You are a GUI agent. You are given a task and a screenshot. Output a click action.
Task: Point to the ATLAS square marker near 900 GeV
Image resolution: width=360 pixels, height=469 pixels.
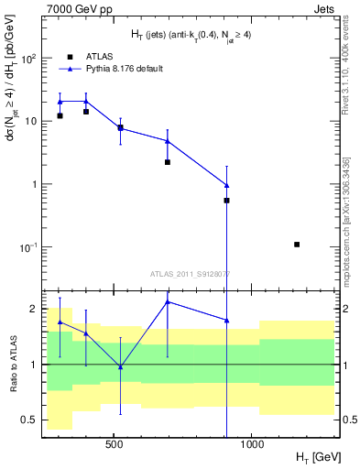pos(226,200)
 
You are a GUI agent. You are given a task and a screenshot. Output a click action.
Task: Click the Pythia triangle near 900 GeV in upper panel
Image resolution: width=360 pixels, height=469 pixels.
pos(226,185)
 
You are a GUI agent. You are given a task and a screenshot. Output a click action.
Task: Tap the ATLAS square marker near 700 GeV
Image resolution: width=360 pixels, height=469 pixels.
pos(168,162)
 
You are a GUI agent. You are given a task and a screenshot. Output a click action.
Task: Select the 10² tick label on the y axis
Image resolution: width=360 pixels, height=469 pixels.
pos(27,58)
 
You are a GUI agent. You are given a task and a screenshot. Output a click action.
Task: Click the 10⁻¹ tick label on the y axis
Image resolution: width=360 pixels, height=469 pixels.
pos(27,247)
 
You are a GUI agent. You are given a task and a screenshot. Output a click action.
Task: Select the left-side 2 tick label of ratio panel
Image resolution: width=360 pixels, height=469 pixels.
pos(33,309)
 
